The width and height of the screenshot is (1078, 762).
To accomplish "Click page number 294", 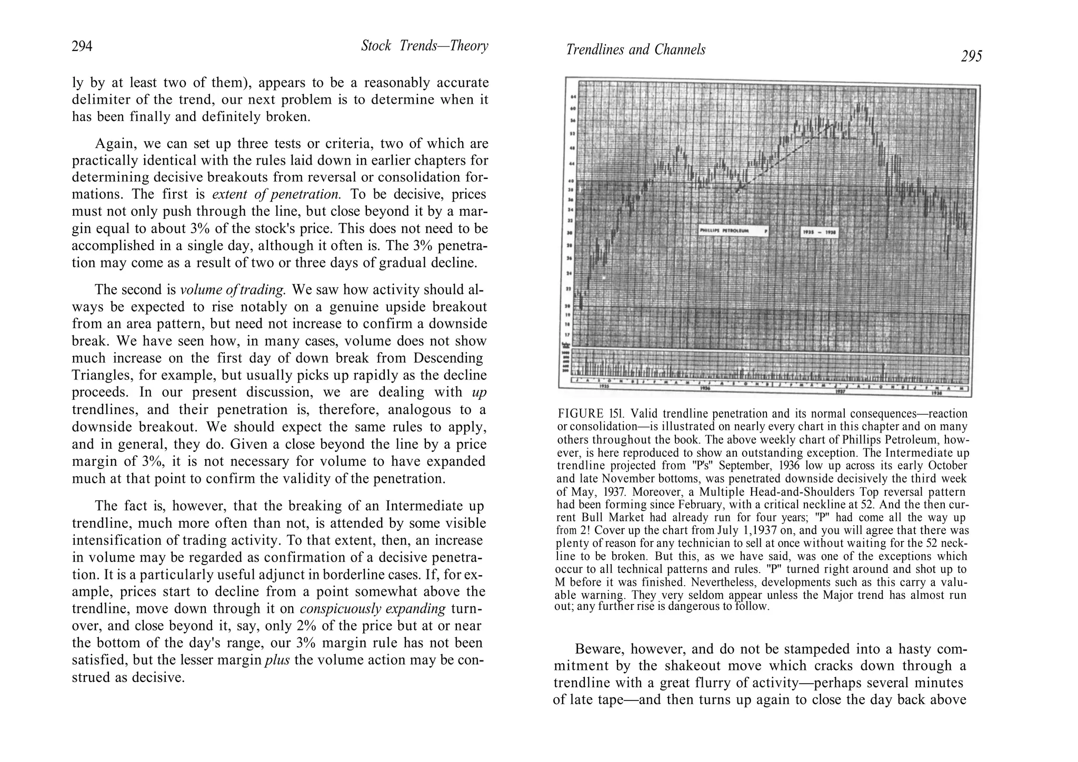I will tap(82, 47).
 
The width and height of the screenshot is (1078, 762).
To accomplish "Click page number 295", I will tap(971, 56).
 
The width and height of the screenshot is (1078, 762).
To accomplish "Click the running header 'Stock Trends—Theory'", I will tap(424, 46).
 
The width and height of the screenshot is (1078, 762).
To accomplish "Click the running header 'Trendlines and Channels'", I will tap(635, 50).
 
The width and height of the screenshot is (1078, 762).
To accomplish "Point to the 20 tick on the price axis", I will tap(573, 306).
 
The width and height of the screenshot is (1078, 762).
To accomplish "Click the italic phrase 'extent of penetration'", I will tap(276, 194).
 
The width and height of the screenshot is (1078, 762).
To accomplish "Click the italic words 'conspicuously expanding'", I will tap(373, 609).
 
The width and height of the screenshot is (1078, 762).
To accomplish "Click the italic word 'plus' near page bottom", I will tap(277, 660).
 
